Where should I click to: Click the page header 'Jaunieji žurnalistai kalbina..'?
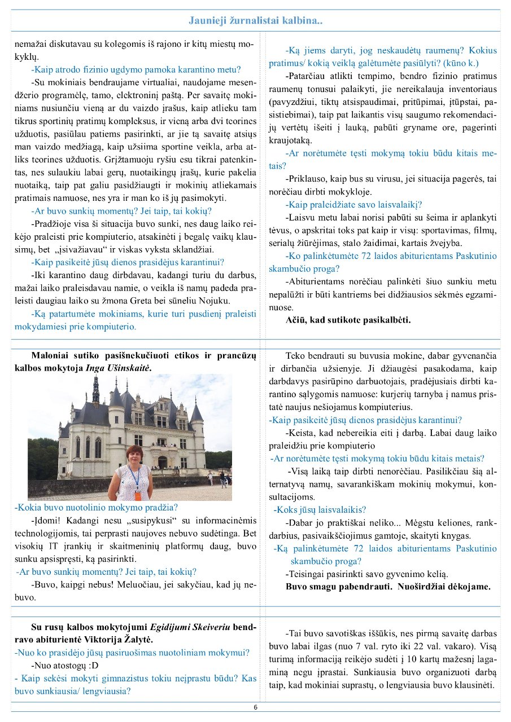255,21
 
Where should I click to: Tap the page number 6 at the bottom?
255,707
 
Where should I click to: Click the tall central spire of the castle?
95,389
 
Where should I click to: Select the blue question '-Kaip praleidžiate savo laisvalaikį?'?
354,205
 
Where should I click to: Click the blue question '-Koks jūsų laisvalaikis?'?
320,509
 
